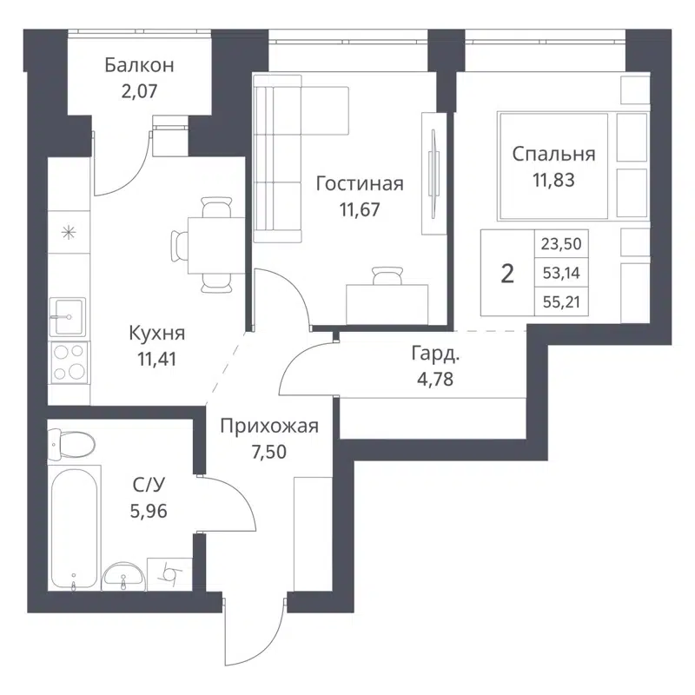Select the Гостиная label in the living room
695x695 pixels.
point(360,184)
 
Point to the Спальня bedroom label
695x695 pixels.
point(553,155)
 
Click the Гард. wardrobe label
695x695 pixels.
point(434,354)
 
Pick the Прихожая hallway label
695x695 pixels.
point(268,426)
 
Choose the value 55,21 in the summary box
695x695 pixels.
point(559,301)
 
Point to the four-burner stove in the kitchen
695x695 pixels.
point(69,362)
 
